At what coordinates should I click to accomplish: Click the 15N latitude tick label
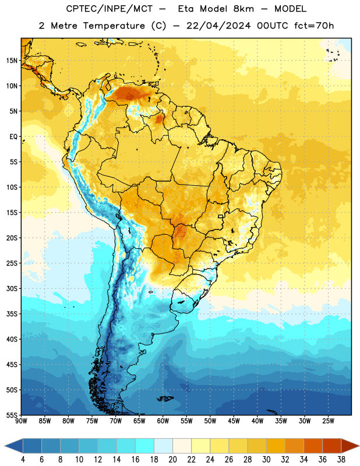(12, 61)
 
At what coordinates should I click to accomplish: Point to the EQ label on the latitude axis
(13, 137)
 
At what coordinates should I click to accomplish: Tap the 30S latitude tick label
(12, 288)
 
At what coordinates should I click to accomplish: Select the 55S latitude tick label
(12, 415)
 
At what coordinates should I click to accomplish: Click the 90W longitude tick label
(21, 421)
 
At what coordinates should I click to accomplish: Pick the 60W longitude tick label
(163, 421)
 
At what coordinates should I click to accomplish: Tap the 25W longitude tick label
(328, 421)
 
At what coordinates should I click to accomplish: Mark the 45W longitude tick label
(234, 421)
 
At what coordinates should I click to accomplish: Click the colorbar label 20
(172, 460)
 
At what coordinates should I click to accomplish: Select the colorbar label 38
(341, 460)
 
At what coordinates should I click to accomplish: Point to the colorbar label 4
(23, 460)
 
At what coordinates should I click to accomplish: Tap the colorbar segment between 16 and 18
(145, 446)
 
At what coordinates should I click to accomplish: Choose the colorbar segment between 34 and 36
(313, 446)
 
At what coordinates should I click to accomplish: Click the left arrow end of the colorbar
(5, 446)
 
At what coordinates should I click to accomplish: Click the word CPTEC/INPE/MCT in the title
(109, 9)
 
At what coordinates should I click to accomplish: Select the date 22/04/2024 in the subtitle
(218, 26)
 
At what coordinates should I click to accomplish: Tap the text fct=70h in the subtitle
(314, 26)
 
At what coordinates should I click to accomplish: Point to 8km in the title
(243, 9)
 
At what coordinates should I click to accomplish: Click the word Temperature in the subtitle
(114, 26)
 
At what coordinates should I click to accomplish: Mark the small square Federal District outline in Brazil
(221, 216)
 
